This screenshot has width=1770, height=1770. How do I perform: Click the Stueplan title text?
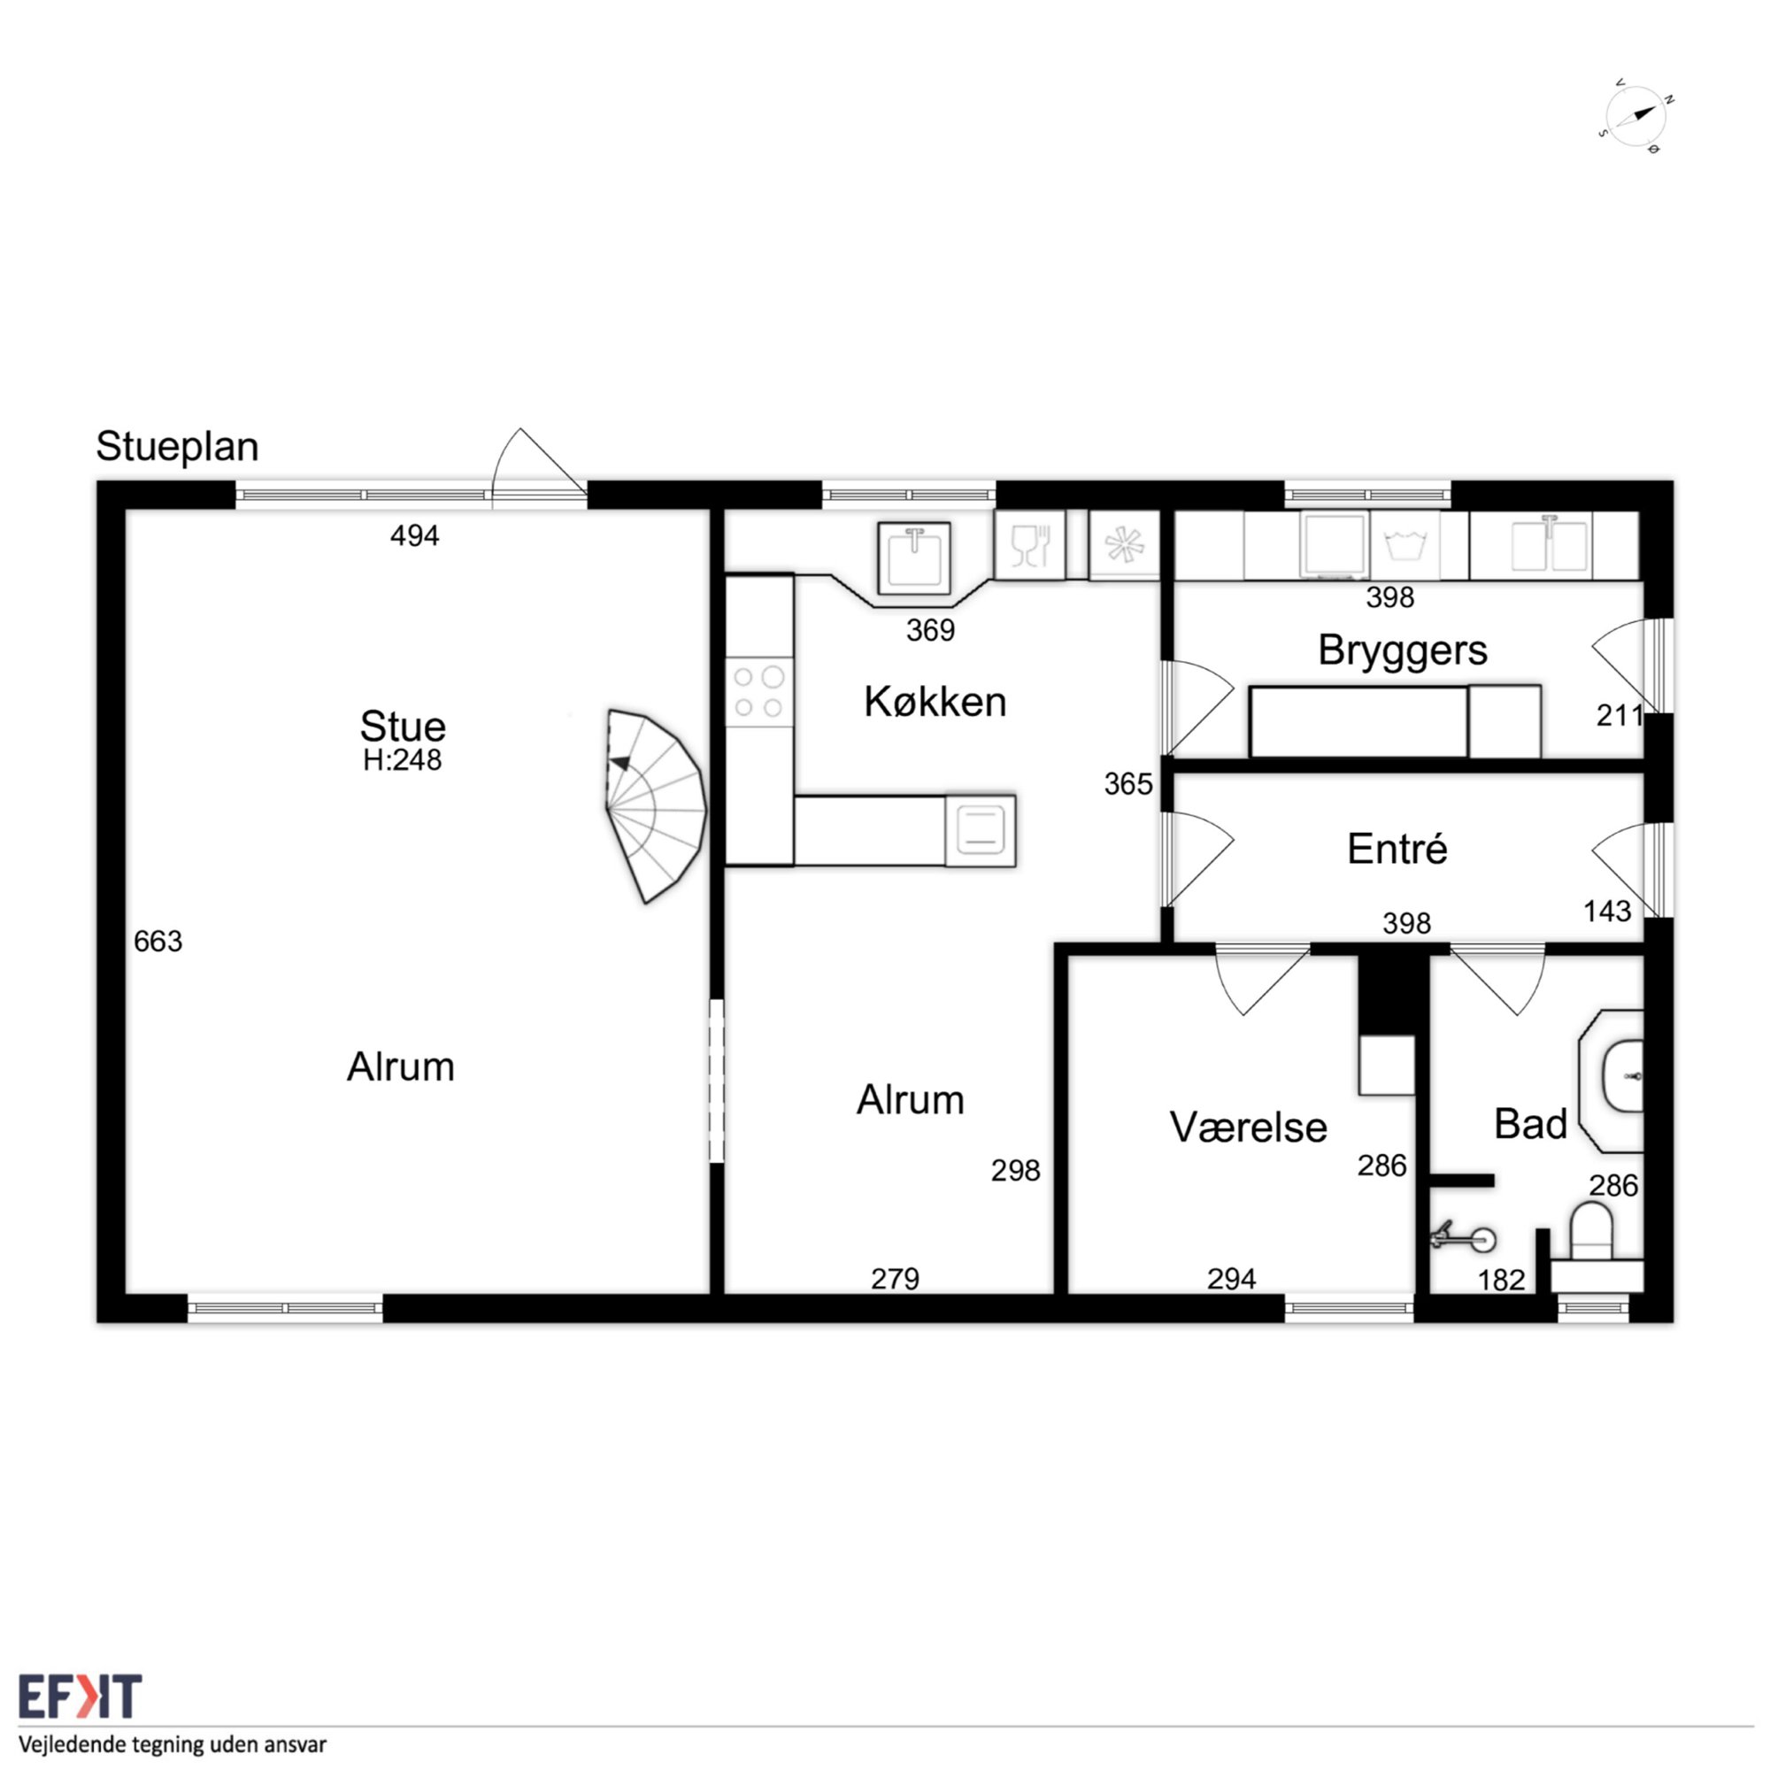pos(177,447)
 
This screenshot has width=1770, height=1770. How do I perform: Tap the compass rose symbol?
pos(1635,115)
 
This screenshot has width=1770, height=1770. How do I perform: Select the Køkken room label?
pos(935,702)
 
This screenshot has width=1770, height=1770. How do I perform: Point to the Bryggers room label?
pos(1402,651)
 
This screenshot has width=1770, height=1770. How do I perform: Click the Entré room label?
pos(1397,849)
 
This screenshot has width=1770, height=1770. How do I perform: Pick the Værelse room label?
pos(1248,1127)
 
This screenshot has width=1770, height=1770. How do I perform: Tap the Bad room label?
pos(1530,1124)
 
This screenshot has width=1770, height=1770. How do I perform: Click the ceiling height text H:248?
pos(402,760)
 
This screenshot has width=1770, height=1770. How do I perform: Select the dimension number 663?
pos(158,941)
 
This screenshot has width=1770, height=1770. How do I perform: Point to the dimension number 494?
pos(414,536)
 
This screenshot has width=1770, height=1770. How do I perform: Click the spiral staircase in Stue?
pos(654,806)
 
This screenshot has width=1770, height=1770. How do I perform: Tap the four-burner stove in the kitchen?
pos(758,692)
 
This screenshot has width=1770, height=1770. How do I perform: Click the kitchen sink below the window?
pos(913,558)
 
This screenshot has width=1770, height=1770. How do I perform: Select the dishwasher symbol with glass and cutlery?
pos(1030,545)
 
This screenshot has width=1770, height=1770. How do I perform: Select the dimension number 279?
pos(894,1278)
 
